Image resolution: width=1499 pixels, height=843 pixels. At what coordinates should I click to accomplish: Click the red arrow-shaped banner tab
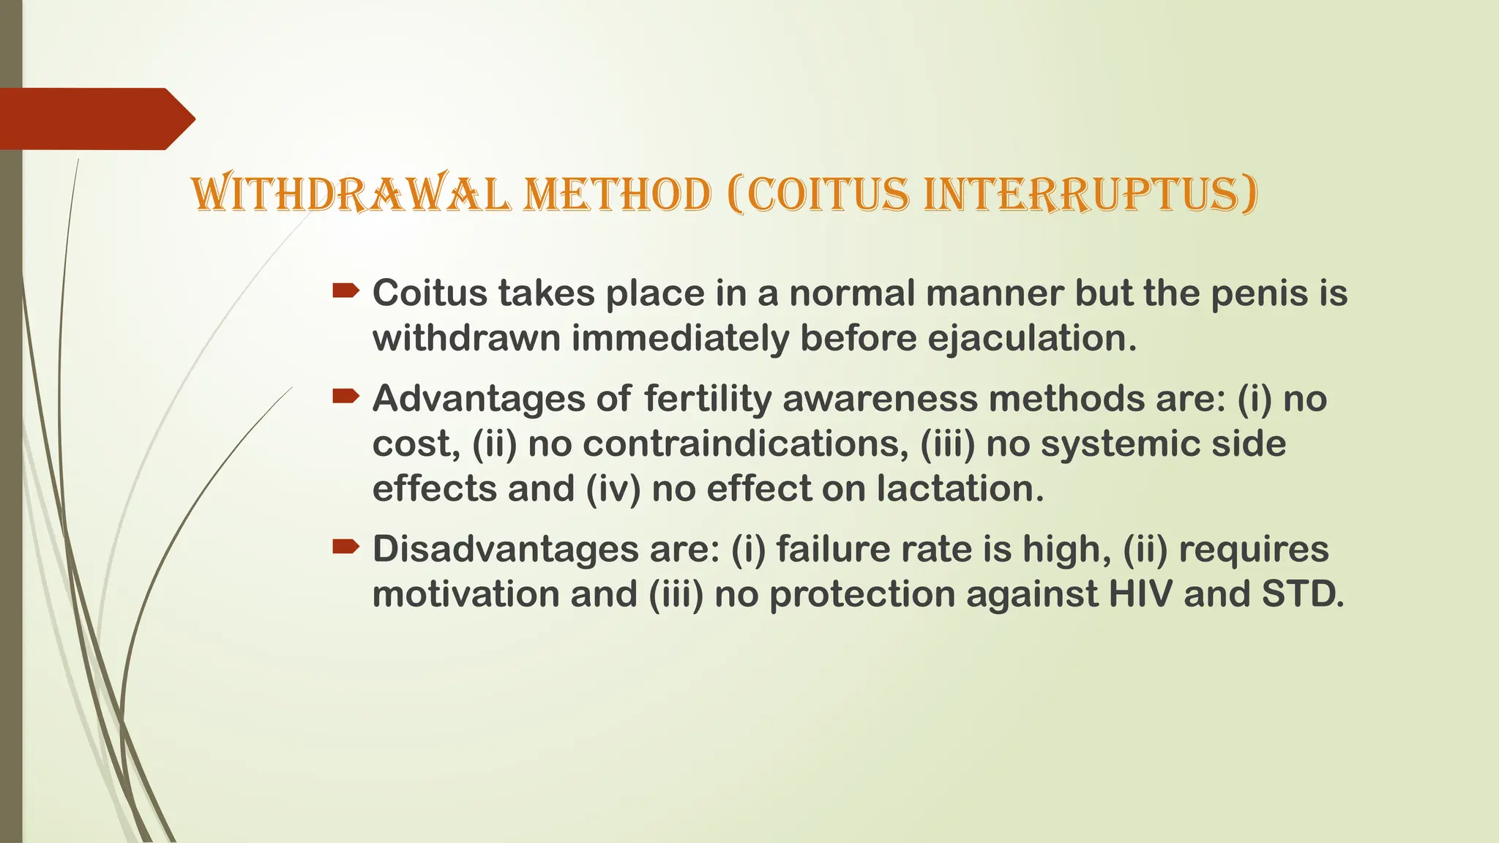(95, 119)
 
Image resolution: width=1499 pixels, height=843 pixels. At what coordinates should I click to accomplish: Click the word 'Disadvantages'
(505, 550)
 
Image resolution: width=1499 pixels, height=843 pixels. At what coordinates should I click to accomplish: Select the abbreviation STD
(1303, 594)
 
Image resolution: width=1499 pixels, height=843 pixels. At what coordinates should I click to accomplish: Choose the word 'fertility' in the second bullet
(708, 400)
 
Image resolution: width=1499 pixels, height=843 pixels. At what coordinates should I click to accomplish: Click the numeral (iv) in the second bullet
(613, 489)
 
